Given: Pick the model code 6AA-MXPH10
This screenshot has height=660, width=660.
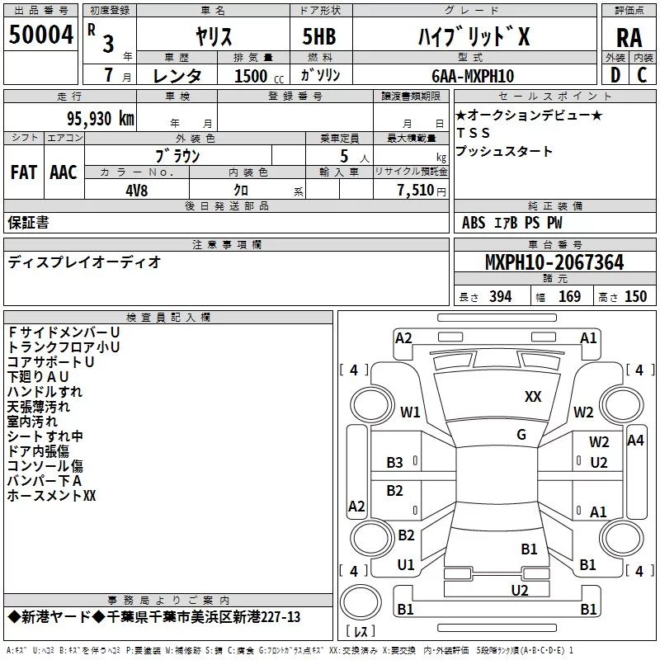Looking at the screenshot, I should pyautogui.click(x=473, y=76).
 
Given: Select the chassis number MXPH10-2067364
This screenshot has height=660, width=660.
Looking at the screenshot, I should pyautogui.click(x=554, y=263).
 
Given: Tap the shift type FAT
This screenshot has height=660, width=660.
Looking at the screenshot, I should pyautogui.click(x=24, y=172).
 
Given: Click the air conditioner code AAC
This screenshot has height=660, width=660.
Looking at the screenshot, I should pyautogui.click(x=64, y=172).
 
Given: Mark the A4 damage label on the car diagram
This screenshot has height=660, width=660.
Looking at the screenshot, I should pyautogui.click(x=635, y=441).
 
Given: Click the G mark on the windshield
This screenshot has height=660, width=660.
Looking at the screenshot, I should pyautogui.click(x=521, y=435).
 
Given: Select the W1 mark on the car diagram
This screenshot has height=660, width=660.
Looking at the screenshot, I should pyautogui.click(x=410, y=412).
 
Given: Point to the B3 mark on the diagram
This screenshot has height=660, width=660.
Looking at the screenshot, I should pyautogui.click(x=395, y=463).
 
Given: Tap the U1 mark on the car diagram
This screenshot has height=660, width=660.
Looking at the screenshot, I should pyautogui.click(x=406, y=565).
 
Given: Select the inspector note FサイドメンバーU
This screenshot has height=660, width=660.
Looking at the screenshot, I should pyautogui.click(x=64, y=332).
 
